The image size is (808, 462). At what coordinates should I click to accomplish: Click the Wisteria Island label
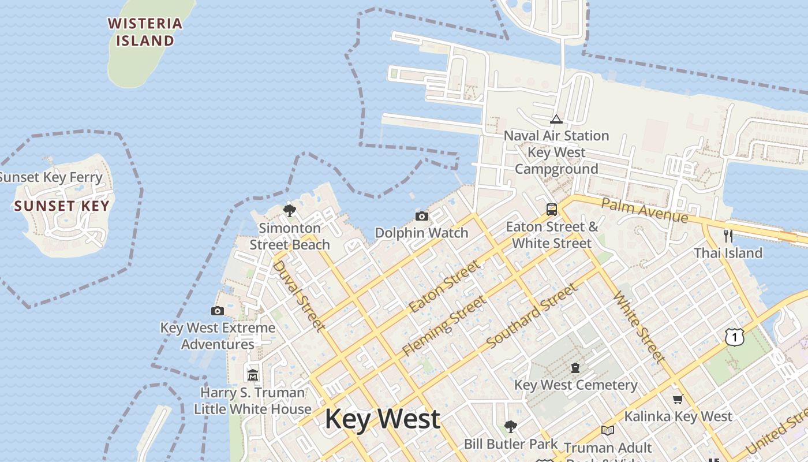pyautogui.click(x=145, y=32)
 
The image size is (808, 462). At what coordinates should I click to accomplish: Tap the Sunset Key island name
pyautogui.click(x=61, y=206)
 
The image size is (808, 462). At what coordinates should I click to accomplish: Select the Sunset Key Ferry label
pyautogui.click(x=51, y=177)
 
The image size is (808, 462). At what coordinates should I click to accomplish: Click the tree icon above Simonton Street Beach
pyautogui.click(x=290, y=210)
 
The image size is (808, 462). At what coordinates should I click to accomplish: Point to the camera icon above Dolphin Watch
pyautogui.click(x=422, y=216)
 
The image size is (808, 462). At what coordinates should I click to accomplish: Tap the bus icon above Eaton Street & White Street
pyautogui.click(x=552, y=209)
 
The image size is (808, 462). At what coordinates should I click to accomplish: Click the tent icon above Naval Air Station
pyautogui.click(x=556, y=119)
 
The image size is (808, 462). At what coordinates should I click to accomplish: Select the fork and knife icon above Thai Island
pyautogui.click(x=728, y=236)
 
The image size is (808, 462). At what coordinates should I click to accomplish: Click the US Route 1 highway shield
pyautogui.click(x=734, y=337)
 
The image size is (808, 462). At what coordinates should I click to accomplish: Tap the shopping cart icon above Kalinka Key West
pyautogui.click(x=678, y=399)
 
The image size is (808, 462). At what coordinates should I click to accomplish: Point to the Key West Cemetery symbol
pyautogui.click(x=575, y=368)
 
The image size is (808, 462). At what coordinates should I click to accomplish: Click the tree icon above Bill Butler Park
pyautogui.click(x=510, y=427)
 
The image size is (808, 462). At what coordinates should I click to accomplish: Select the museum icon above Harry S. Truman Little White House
pyautogui.click(x=253, y=375)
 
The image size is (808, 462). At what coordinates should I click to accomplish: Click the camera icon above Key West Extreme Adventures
pyautogui.click(x=218, y=311)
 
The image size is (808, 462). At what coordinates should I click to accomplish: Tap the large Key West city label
pyautogui.click(x=383, y=419)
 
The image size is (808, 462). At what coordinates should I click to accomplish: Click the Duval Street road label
pyautogui.click(x=297, y=295)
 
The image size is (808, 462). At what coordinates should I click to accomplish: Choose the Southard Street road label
pyautogui.click(x=532, y=315)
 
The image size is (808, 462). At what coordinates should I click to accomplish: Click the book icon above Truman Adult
pyautogui.click(x=608, y=430)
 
